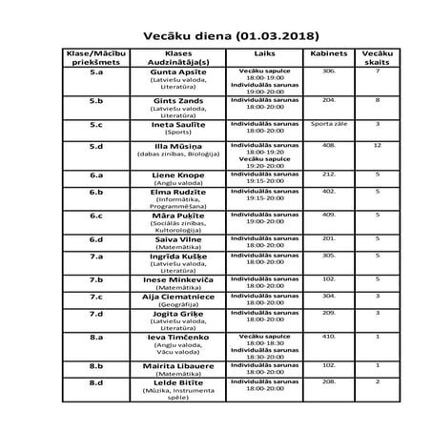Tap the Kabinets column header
328,53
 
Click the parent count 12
379,145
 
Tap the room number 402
328,191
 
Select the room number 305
328,255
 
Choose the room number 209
328,312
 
